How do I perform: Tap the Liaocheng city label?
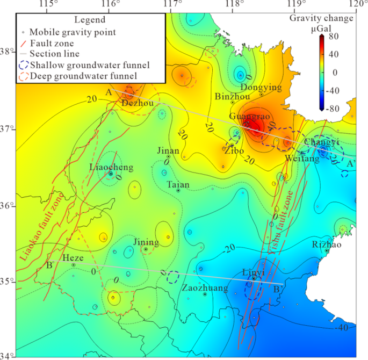pos(111,168)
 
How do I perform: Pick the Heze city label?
pos(73,258)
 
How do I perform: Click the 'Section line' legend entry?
pos(54,54)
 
